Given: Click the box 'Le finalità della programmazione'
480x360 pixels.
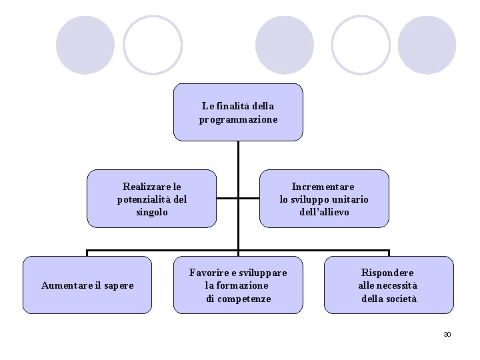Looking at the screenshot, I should [x=238, y=112].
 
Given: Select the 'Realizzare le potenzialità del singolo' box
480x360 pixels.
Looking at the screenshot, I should [x=152, y=199].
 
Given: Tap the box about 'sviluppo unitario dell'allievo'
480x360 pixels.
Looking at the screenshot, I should [x=324, y=199].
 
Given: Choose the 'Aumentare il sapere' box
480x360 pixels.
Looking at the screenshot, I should [x=87, y=285].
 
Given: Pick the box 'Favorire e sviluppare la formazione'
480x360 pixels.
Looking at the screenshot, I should [x=238, y=285].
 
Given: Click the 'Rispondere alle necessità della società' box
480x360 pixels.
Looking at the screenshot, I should [x=389, y=285].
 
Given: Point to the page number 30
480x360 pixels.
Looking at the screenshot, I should [x=447, y=334].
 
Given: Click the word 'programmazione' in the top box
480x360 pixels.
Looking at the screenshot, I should [x=238, y=119].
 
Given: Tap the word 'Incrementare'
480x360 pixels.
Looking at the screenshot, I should [x=323, y=187].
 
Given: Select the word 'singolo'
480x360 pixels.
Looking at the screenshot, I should [x=152, y=212].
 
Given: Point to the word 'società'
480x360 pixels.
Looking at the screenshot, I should [x=399, y=299].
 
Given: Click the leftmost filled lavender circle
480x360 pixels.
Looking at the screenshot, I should [x=85, y=45].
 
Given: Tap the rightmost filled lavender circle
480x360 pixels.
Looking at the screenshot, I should [x=427, y=45].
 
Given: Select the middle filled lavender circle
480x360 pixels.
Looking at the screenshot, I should [x=285, y=45].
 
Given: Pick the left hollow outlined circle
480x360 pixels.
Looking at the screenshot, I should [x=153, y=45].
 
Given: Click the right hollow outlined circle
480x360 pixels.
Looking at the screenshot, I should [x=361, y=45].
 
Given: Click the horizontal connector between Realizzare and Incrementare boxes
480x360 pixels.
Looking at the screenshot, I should [x=238, y=198].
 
